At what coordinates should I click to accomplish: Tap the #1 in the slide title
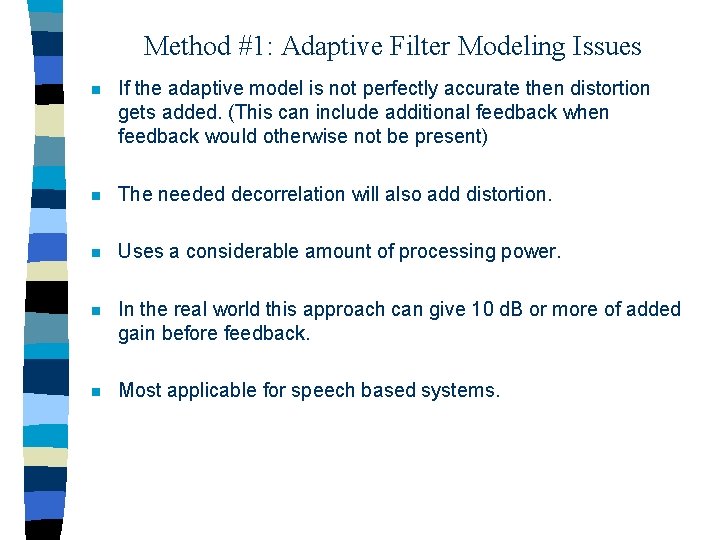(250, 46)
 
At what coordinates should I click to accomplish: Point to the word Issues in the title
(603, 46)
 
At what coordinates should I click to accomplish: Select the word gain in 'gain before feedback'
(138, 334)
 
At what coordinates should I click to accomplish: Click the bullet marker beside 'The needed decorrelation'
(95, 195)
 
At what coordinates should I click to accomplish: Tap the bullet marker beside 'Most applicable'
(95, 391)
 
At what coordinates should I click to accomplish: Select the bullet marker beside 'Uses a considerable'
(95, 253)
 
